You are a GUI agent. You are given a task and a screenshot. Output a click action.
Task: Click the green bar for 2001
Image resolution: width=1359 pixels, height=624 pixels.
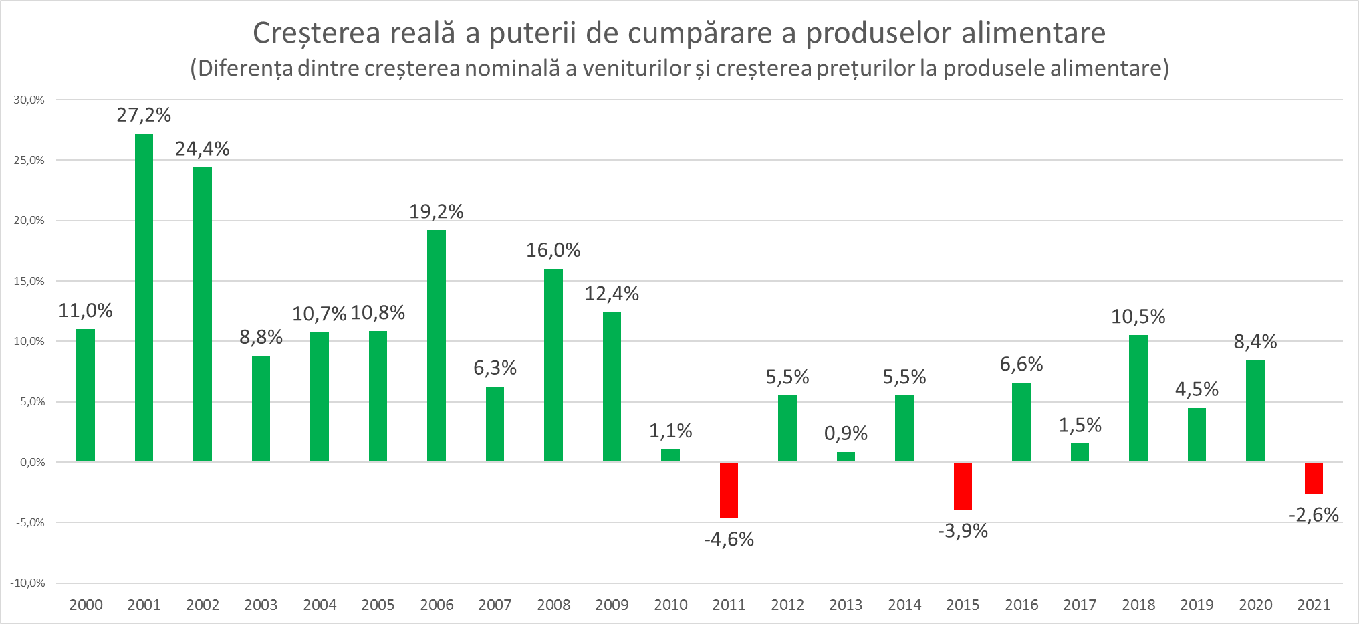click(x=144, y=298)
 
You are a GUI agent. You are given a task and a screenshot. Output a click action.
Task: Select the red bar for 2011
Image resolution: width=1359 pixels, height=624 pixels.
click(x=729, y=490)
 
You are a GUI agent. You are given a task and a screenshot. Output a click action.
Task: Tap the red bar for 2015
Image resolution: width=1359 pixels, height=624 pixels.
click(x=963, y=486)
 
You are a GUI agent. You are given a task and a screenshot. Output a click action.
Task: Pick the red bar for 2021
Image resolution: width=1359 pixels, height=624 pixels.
click(x=1314, y=478)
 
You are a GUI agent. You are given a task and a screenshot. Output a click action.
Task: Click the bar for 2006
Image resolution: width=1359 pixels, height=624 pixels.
click(x=437, y=346)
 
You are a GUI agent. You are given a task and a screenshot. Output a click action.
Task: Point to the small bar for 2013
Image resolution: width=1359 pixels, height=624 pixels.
click(x=846, y=457)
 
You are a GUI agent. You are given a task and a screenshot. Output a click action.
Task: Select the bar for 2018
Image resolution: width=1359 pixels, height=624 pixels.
click(x=1138, y=398)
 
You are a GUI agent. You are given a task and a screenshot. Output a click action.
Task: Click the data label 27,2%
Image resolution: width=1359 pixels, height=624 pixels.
click(x=144, y=115)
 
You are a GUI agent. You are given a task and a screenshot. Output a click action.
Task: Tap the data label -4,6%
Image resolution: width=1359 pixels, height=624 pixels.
click(x=729, y=539)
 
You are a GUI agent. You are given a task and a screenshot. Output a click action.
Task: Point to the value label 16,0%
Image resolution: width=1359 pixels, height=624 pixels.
click(x=553, y=250)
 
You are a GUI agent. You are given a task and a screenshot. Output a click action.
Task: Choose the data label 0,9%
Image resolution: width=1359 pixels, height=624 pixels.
click(x=846, y=433)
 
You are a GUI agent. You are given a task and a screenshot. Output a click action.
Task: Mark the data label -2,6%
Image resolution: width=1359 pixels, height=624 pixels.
click(x=1314, y=514)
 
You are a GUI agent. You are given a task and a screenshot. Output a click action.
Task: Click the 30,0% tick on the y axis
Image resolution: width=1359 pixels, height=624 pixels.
click(x=29, y=100)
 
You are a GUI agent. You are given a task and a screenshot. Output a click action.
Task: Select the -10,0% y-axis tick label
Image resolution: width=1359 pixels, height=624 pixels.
click(x=28, y=583)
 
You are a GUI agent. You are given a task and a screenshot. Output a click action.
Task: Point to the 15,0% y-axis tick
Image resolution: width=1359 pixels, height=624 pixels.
click(x=29, y=281)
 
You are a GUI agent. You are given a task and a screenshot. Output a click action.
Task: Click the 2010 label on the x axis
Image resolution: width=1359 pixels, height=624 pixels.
click(x=670, y=605)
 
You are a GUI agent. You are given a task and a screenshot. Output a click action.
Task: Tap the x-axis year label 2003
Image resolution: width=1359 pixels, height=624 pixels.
click(x=261, y=605)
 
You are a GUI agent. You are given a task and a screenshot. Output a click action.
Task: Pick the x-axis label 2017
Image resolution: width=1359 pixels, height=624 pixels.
click(x=1080, y=605)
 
